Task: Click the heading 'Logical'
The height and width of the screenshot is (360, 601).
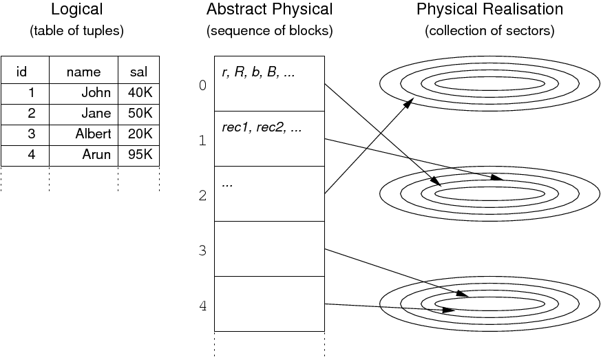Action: [x=76, y=10]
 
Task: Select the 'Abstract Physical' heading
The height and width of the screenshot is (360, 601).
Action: [x=269, y=10]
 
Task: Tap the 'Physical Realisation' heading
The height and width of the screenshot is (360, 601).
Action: [x=489, y=10]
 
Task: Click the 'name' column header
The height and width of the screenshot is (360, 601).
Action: [x=83, y=72]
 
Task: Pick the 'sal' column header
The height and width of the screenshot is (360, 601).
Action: [x=138, y=72]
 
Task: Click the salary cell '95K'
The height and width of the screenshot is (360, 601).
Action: [x=140, y=154]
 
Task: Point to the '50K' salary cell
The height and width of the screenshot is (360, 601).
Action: [x=140, y=113]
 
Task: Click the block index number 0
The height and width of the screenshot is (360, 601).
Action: [x=202, y=85]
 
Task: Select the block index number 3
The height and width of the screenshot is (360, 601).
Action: [x=202, y=251]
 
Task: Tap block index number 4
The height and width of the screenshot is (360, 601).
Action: [x=202, y=306]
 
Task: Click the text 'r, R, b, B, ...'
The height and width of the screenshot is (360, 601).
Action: [x=258, y=72]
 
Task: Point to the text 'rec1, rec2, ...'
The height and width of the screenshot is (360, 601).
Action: [x=262, y=128]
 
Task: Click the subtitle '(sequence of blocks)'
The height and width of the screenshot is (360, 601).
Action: [x=269, y=31]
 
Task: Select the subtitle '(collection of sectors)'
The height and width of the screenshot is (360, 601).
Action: [x=489, y=31]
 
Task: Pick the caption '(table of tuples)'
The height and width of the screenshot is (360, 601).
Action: [x=76, y=31]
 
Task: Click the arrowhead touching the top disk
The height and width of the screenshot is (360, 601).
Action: [x=408, y=103]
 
